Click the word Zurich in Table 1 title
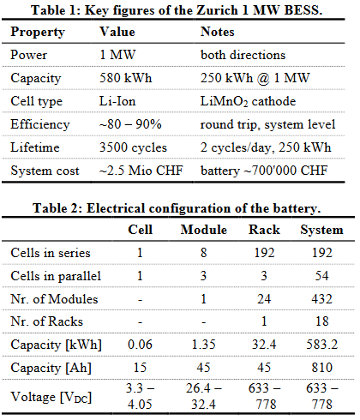click(217, 10)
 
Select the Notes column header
click(218, 32)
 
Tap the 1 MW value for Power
click(117, 55)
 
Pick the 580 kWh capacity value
click(126, 78)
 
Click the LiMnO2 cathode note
click(248, 101)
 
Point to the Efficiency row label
click(40, 124)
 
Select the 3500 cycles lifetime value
click(133, 147)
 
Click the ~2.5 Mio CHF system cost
click(141, 171)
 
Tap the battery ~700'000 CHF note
click(264, 171)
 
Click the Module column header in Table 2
click(204, 230)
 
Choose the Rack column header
click(264, 230)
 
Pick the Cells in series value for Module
click(203, 253)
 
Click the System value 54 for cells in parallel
click(322, 276)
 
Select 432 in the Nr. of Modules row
click(322, 299)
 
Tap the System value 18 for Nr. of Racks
click(322, 321)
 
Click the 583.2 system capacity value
click(322, 345)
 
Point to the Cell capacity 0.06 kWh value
click(140, 345)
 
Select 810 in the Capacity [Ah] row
click(322, 368)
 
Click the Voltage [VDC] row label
click(51, 397)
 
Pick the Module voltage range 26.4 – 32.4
click(203, 396)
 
